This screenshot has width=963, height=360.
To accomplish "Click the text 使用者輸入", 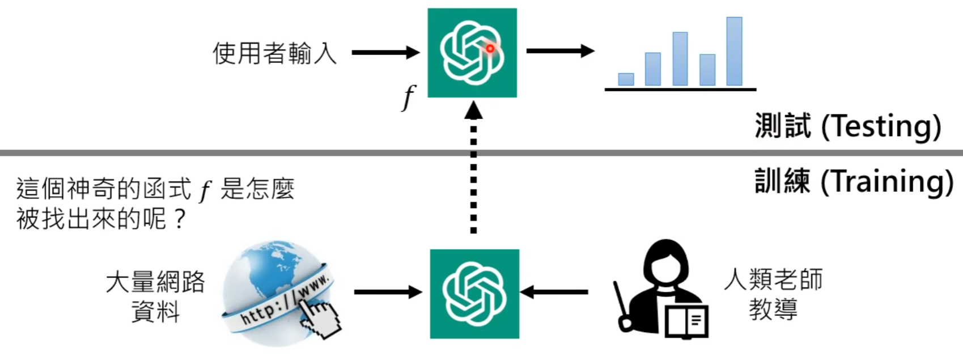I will (274, 53).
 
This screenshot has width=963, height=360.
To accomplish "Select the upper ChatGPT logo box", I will (472, 53).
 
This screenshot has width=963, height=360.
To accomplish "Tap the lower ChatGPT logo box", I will (474, 294).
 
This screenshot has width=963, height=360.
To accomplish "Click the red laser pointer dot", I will (490, 49).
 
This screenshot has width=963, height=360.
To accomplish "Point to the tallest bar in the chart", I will (734, 52).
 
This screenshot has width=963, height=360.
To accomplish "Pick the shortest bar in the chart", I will (626, 79).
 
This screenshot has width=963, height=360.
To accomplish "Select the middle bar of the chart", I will (680, 59).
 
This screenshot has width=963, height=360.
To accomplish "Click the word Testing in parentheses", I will (881, 126).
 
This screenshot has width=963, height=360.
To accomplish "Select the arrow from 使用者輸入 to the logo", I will (385, 53).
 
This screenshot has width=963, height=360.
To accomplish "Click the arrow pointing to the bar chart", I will (560, 51).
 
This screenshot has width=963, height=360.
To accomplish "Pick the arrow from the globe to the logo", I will (388, 293).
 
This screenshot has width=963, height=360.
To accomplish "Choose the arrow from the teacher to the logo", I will (554, 293).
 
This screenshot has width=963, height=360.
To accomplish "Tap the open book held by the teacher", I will (686, 321).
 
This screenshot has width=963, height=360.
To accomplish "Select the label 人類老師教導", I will (773, 294).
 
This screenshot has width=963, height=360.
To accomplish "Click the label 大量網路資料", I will (155, 297).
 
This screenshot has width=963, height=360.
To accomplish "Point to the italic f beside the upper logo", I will (409, 97).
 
